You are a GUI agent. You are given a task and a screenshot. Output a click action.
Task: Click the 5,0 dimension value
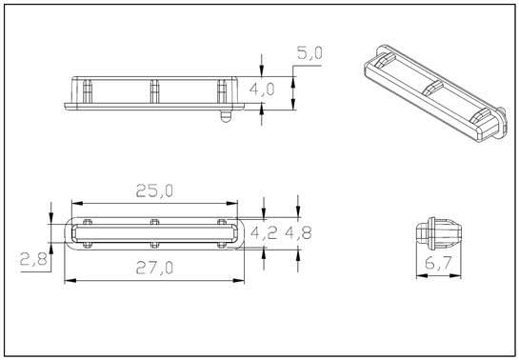[309, 53]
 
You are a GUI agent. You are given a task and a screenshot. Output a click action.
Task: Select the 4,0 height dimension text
[262, 90]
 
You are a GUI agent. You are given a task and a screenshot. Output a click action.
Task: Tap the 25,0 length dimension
[154, 190]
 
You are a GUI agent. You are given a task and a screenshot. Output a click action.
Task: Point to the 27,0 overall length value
[154, 268]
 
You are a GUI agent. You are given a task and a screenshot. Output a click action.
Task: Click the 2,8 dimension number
[33, 259]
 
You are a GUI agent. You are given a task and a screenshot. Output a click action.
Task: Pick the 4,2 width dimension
[264, 233]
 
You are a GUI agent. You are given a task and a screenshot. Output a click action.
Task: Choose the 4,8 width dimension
[298, 233]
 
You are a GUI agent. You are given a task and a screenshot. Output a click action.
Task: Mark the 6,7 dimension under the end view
[438, 263]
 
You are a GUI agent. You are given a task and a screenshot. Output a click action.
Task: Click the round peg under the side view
[226, 116]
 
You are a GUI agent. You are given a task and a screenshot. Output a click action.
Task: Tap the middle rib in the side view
[154, 91]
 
